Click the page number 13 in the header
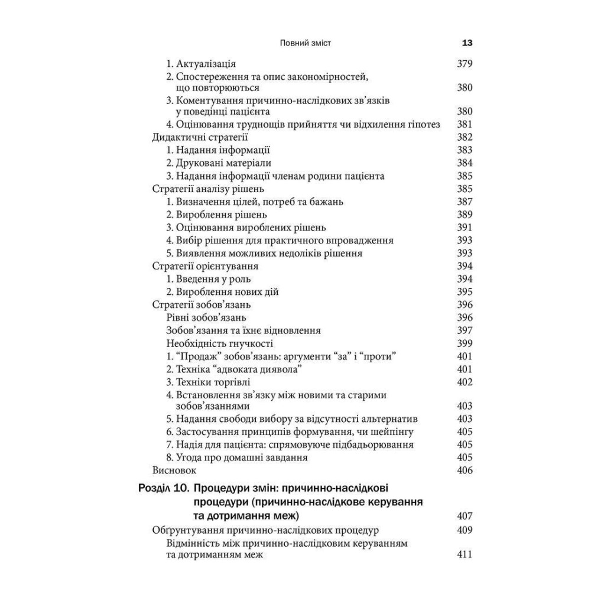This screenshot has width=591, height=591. pos(466,43)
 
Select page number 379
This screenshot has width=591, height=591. pos(465,64)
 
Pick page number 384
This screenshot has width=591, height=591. pos(465,163)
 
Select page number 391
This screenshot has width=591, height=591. pos(465,228)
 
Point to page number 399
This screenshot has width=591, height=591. pos(465,343)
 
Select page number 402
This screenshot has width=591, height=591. pos(465,382)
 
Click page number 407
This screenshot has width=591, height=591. pos(465,516)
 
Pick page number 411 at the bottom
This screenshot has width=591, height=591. pos(465,555)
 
